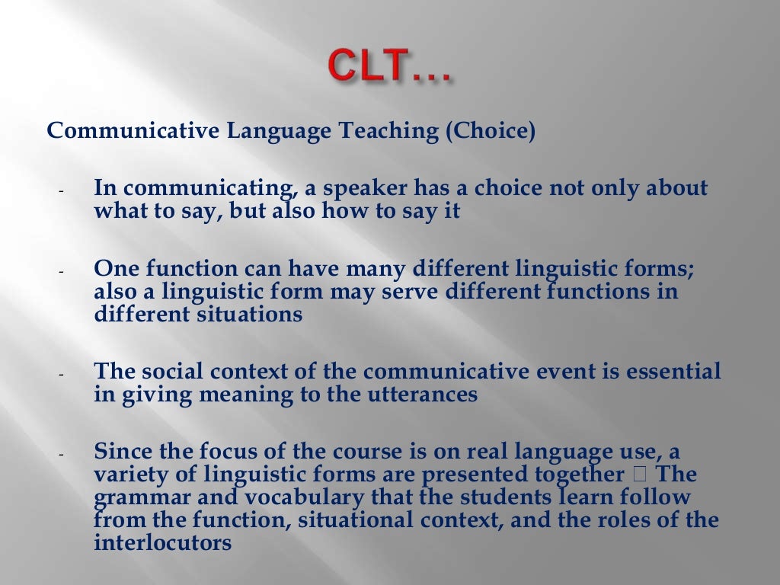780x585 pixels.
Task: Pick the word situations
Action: coord(253,314)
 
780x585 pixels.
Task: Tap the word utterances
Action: coord(423,395)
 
